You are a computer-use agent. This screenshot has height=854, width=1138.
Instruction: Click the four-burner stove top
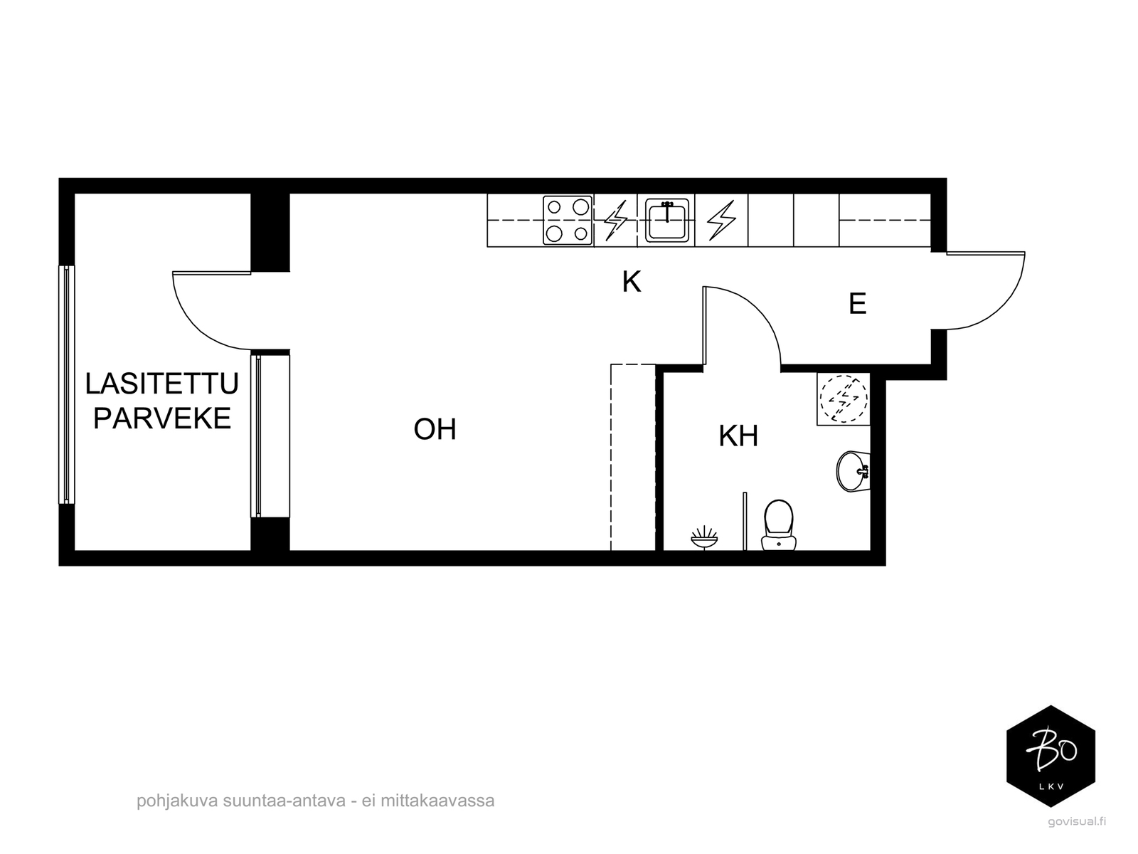[567, 220]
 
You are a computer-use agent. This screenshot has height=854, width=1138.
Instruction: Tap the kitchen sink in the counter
[666, 221]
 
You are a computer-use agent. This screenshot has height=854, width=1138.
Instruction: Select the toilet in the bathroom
[778, 524]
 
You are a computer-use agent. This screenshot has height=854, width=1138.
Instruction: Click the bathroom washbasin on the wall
[853, 471]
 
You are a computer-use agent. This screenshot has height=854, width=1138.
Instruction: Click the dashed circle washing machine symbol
[844, 399]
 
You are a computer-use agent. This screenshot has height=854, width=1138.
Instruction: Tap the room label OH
[435, 429]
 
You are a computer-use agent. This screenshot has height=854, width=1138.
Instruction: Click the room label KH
[738, 436]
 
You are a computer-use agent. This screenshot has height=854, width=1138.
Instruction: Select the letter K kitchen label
[632, 282]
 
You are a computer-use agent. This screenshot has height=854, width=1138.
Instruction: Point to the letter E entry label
[858, 303]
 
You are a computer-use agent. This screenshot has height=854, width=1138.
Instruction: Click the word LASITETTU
[161, 383]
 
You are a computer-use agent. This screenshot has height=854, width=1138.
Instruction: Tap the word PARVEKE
[161, 418]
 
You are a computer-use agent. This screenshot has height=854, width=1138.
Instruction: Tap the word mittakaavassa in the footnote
[437, 801]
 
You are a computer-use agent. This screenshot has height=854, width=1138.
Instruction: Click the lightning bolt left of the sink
[616, 220]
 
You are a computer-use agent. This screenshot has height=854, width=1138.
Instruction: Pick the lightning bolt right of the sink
[721, 220]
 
